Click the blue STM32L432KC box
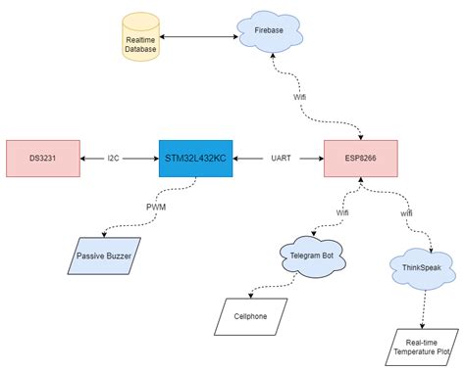195,158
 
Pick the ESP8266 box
360,158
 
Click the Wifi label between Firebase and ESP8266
298,98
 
